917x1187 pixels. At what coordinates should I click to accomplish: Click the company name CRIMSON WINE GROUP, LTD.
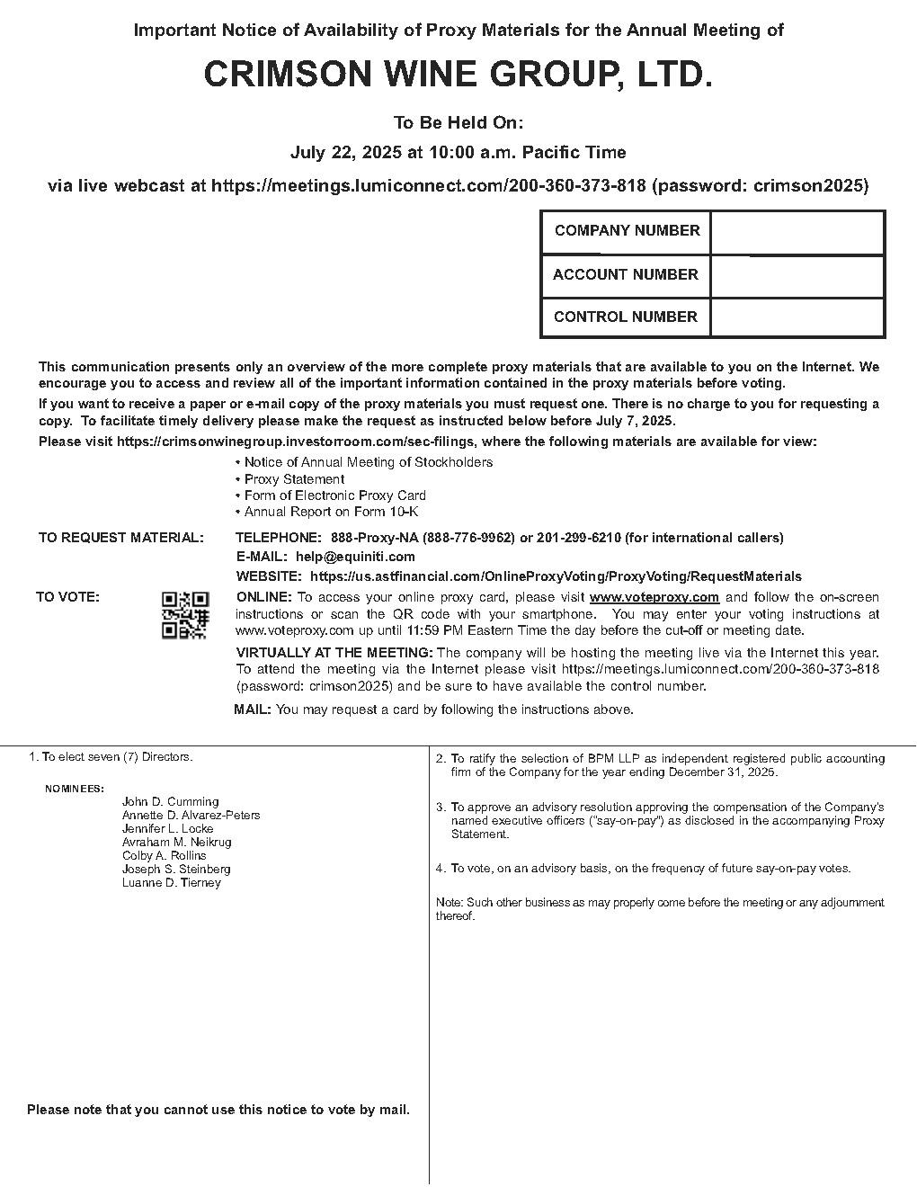[458, 76]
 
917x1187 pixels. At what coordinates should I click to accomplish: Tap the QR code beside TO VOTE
[185, 615]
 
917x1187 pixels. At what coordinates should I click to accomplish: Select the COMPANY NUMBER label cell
[627, 231]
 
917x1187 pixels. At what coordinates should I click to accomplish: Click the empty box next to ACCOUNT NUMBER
[797, 275]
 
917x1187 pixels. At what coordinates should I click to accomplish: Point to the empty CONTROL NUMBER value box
[797, 317]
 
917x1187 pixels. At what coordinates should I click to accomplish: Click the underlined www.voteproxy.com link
[654, 597]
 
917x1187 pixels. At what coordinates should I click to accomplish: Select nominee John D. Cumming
[171, 801]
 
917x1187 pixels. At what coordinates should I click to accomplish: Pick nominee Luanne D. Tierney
[172, 882]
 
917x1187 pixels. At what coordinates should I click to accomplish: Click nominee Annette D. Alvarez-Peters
[191, 815]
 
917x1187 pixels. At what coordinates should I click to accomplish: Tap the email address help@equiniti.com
[355, 557]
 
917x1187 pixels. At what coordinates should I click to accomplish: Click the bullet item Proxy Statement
[294, 479]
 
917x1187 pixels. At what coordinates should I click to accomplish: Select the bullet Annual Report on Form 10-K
[331, 512]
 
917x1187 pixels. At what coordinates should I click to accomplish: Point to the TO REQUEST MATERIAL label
[120, 538]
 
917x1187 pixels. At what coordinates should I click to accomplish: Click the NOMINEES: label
[75, 789]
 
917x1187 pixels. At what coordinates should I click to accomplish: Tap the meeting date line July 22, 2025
[458, 153]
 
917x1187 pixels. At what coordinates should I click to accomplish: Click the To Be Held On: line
[458, 123]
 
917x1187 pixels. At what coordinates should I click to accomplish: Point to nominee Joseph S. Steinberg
[176, 869]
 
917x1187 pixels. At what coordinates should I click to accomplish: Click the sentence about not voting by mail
[218, 1110]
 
